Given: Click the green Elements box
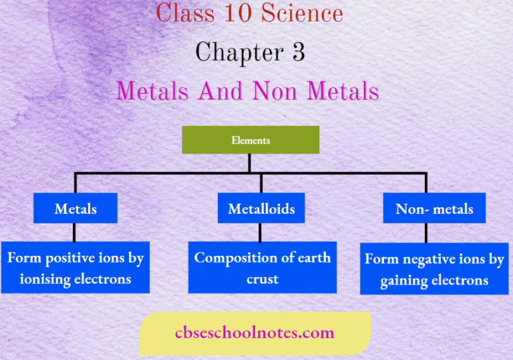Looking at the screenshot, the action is [x=250, y=140].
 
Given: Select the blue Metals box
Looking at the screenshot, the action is [x=75, y=208].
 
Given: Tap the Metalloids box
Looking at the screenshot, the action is [x=261, y=208].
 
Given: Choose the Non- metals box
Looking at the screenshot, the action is [x=434, y=208].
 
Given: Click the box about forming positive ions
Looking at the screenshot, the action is [x=75, y=267].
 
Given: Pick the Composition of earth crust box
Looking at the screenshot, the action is [x=262, y=267].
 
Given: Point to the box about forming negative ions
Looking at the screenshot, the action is [x=434, y=268].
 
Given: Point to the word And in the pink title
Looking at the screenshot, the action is [x=218, y=91].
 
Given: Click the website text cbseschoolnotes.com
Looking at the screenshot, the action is [x=254, y=332].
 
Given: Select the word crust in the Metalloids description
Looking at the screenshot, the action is [x=262, y=279].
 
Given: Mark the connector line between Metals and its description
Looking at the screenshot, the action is [x=75, y=232].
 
